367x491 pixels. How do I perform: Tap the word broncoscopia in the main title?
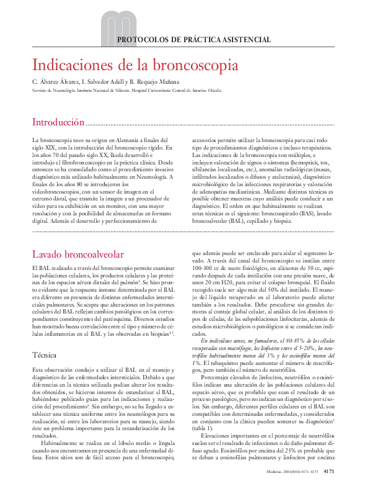point(198,65)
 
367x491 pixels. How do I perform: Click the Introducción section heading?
point(58,122)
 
